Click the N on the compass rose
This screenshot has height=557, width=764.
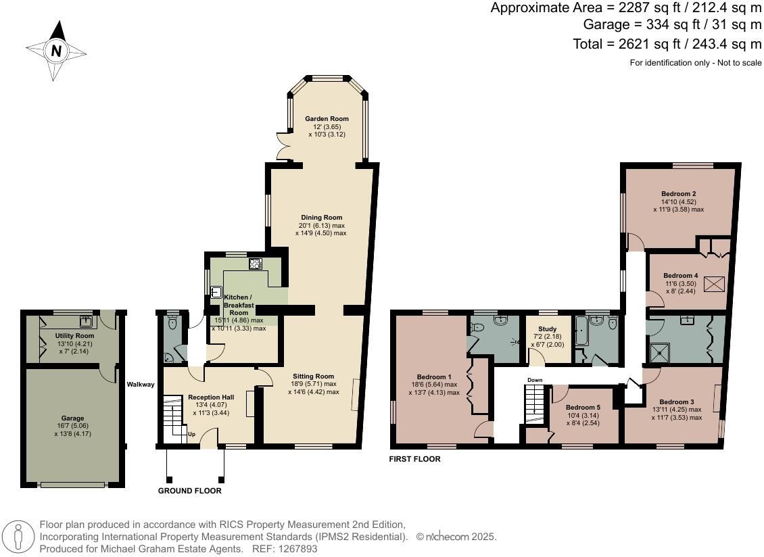coord(56,51)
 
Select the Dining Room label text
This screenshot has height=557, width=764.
coord(320,218)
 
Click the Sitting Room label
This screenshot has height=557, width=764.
coord(313,377)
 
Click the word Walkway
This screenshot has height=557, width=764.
coord(141,385)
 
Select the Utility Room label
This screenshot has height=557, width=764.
coord(74,336)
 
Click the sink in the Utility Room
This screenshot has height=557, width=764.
coord(86,320)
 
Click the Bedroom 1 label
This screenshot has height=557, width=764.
coord(433,377)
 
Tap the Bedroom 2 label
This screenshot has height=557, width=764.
coord(678,194)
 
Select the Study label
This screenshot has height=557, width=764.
coord(547,329)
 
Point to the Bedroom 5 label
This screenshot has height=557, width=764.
coord(583,408)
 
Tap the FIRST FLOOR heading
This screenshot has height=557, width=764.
coord(414,459)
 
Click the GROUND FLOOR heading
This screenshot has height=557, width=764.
coord(189,491)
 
